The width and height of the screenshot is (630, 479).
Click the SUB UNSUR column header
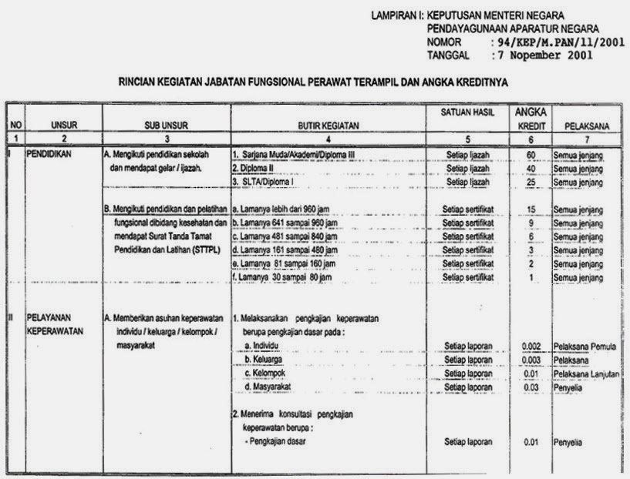point(167,124)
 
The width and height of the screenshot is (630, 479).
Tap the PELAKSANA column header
point(588,124)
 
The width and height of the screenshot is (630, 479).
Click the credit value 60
point(531,155)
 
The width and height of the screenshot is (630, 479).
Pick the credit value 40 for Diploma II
point(531,168)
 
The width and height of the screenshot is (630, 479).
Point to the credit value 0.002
point(531,346)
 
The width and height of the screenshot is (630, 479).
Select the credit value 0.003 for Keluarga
point(531,360)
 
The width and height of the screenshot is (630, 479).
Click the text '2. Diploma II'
point(255,168)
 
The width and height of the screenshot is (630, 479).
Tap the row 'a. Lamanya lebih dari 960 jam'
point(284,209)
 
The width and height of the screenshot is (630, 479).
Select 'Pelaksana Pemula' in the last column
point(585,347)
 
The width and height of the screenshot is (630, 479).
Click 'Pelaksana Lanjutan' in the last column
point(587,374)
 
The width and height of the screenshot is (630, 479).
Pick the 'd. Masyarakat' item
point(271,387)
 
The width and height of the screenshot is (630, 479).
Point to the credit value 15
point(531,210)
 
